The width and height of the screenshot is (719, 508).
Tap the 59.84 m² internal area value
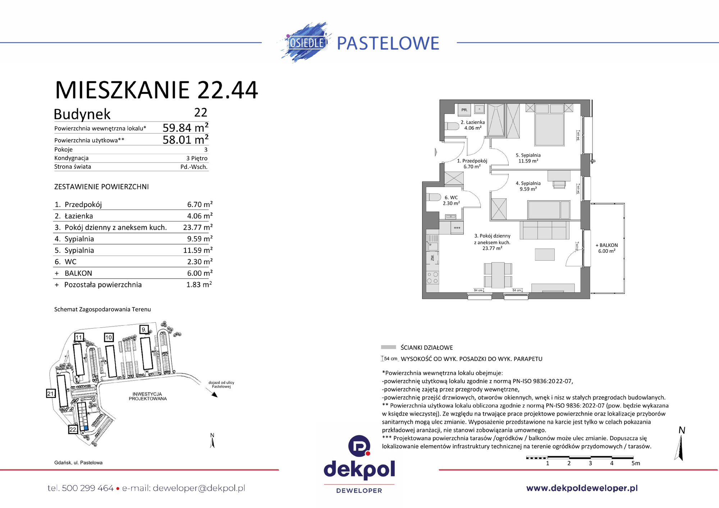click(x=185, y=128)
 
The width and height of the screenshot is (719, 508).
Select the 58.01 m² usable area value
click(x=185, y=139)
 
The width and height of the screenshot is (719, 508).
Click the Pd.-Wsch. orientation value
click(x=194, y=167)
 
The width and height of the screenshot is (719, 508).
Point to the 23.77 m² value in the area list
click(x=198, y=227)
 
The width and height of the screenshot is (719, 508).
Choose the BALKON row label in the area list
click(x=78, y=273)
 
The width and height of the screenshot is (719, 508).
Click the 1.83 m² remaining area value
click(x=199, y=285)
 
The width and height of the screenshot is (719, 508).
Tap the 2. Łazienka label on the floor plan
click(x=473, y=125)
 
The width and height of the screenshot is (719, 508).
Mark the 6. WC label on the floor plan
click(x=451, y=200)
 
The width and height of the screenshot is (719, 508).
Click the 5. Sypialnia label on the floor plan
click(x=528, y=158)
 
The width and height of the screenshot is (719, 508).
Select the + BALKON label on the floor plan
click(x=606, y=248)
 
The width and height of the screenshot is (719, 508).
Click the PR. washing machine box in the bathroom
click(x=464, y=110)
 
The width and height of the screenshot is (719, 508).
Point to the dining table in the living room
click(x=498, y=275)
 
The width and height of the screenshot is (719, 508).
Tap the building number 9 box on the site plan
click(x=144, y=329)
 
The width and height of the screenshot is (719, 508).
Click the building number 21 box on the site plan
click(x=51, y=393)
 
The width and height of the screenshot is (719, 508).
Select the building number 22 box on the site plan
click(x=73, y=429)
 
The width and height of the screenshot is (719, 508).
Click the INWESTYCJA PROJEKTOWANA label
click(x=148, y=396)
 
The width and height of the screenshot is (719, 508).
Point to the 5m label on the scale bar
click(x=636, y=463)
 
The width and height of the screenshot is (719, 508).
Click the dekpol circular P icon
click(x=359, y=446)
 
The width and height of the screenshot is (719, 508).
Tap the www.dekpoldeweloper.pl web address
click(x=582, y=488)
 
